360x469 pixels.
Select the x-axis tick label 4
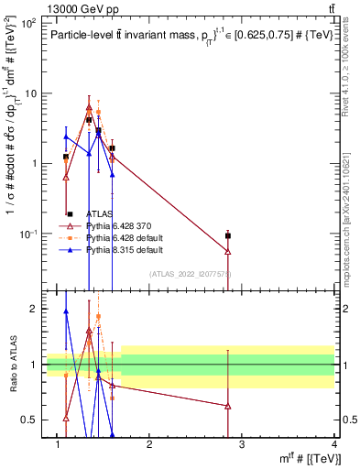[333, 443]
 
